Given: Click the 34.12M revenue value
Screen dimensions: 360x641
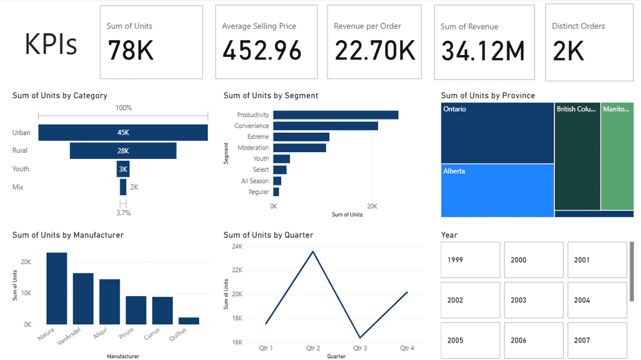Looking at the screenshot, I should click(483, 51).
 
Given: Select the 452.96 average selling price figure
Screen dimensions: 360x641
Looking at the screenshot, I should click(262, 51).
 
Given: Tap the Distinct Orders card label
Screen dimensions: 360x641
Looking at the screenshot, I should click(578, 26).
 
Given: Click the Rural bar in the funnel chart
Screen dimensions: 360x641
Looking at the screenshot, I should click(123, 151).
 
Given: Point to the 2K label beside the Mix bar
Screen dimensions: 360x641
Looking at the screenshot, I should click(134, 187).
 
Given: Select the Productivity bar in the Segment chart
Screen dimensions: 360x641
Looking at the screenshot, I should click(336, 115).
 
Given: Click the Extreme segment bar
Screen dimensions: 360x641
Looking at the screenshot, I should click(301, 136).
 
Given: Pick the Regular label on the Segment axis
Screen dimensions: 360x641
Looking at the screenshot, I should click(259, 192).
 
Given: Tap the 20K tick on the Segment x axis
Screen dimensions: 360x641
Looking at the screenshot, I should click(372, 206).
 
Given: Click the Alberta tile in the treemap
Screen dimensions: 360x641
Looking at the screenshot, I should click(497, 190).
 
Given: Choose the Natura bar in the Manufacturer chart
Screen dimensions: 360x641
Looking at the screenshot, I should click(57, 289).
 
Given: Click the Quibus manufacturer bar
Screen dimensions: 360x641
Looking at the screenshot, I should click(188, 321).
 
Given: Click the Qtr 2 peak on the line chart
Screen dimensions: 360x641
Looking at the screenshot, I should click(312, 251).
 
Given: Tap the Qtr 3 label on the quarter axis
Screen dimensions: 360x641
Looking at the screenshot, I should click(360, 348).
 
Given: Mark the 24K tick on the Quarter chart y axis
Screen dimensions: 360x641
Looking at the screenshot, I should click(237, 247).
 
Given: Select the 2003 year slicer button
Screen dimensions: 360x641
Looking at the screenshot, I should click(533, 300).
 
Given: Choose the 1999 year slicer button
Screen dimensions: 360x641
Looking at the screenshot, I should click(470, 260).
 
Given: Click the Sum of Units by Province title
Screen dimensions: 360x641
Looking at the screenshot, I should click(488, 96).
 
